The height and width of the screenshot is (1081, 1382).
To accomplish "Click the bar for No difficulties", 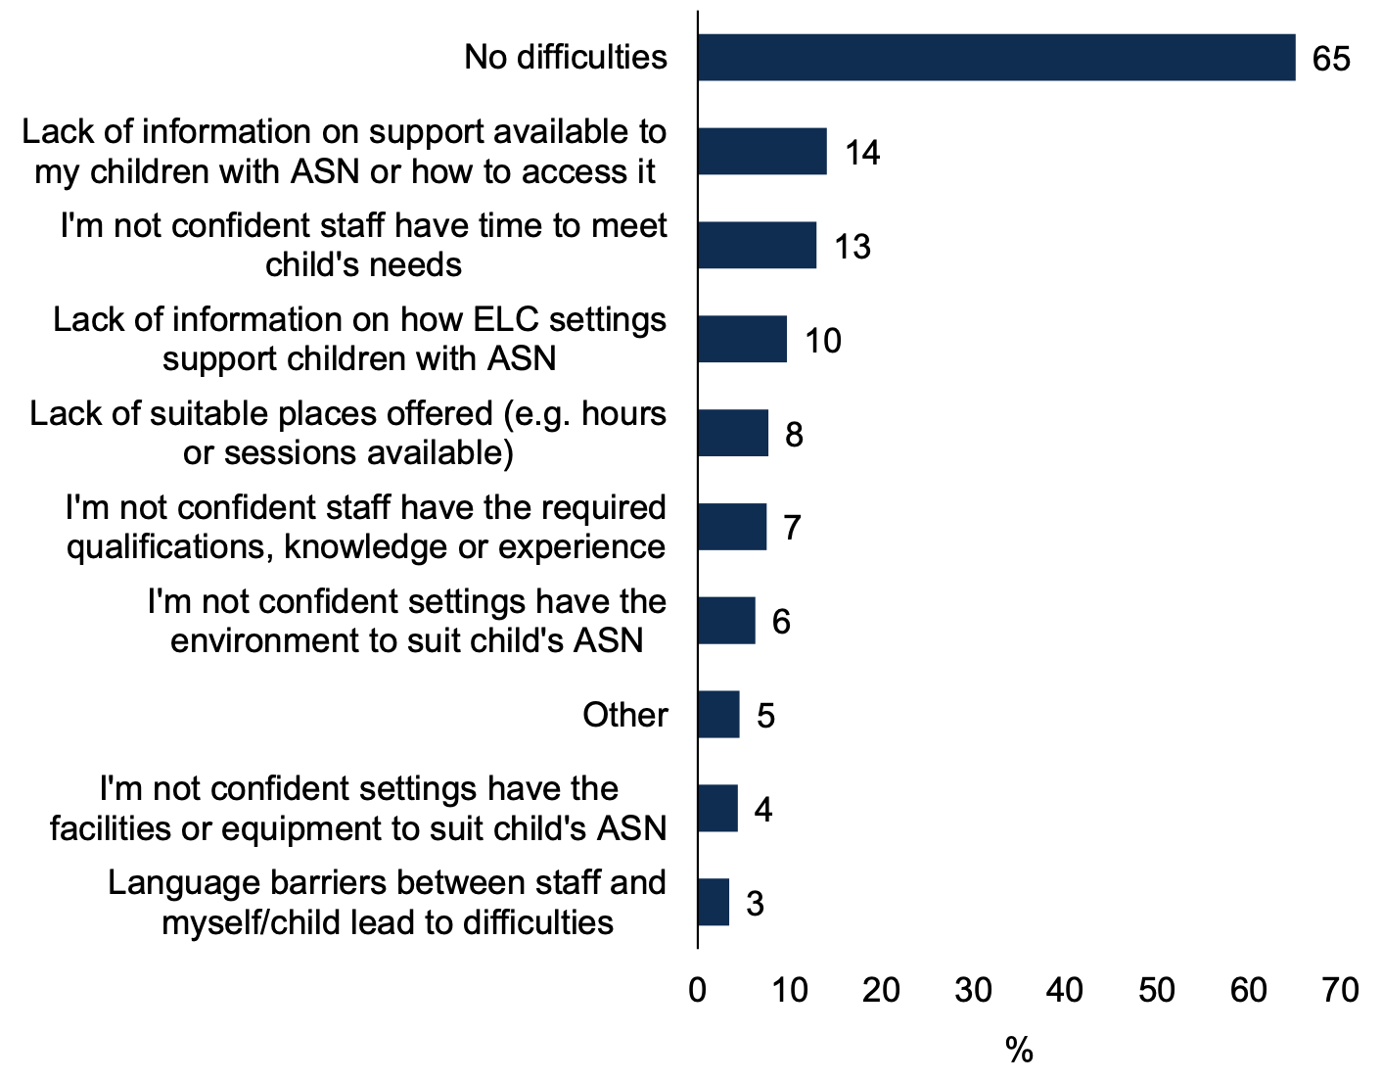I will coord(995,58).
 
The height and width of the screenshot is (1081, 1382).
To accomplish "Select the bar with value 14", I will coord(761,152).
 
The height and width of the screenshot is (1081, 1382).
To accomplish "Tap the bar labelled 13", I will coord(757,245).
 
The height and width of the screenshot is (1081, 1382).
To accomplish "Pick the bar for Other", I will coord(718,715).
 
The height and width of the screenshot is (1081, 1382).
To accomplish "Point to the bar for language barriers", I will coord(714,902).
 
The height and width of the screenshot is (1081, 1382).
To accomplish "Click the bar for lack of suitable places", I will coord(733,433).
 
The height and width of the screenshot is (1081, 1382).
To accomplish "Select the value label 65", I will coord(1331,59).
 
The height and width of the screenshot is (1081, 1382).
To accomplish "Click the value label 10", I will coord(822,341).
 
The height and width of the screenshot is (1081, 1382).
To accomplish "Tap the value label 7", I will coord(792,529).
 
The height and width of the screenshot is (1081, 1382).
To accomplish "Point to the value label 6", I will coord(781,622).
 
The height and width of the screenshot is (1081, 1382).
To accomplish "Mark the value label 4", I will coord(762,810).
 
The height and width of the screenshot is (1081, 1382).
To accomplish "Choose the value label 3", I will coord(754,903).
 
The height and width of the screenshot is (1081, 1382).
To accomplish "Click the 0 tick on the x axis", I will coord(698,991).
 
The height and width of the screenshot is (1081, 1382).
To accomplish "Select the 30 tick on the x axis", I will coord(973,991).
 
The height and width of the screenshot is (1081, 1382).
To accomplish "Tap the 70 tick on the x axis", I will coord(1340,991).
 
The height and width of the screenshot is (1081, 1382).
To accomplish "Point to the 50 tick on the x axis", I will coord(1156,991).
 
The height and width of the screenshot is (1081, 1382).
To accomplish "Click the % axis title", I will coord(1019,1052).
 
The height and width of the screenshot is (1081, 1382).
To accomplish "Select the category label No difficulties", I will coord(566,58).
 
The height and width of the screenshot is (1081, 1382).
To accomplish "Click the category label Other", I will coord(624,715).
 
